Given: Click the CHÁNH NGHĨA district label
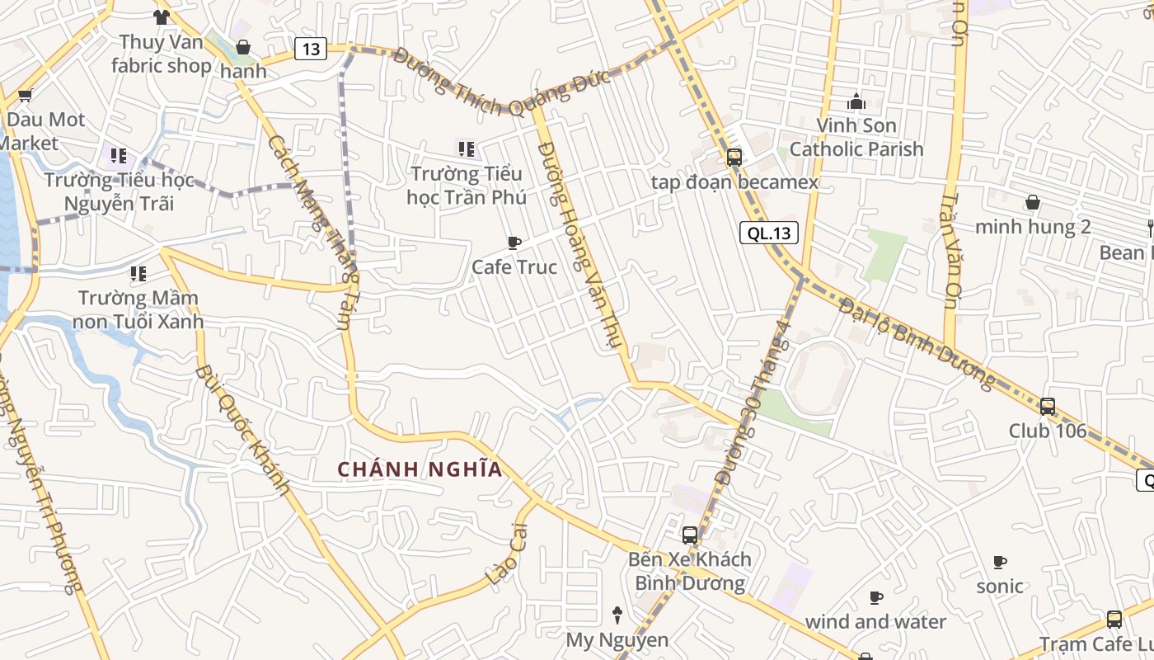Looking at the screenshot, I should [x=420, y=469].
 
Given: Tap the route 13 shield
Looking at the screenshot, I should [x=310, y=49].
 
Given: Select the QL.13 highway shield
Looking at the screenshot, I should [x=768, y=233].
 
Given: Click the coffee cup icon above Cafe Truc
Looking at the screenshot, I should [x=514, y=243].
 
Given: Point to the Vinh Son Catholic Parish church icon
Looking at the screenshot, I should [x=856, y=101].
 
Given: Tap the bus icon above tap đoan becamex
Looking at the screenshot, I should [x=734, y=157].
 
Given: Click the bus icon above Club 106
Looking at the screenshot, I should [x=1047, y=406].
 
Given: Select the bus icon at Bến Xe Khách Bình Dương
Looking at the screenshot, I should [x=690, y=535].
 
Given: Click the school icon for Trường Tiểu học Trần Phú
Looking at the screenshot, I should [x=466, y=149].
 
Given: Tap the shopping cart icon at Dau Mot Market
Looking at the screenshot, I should [x=25, y=96].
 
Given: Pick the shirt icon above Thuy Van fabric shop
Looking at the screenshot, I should [x=161, y=16].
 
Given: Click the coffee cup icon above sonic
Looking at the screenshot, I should [x=1000, y=562].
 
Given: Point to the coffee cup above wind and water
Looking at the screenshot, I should [x=875, y=597].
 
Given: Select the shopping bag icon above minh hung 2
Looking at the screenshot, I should [x=1032, y=202].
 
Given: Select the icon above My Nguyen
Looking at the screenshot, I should [x=617, y=615].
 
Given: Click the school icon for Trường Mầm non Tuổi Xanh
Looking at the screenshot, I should [x=138, y=273].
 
